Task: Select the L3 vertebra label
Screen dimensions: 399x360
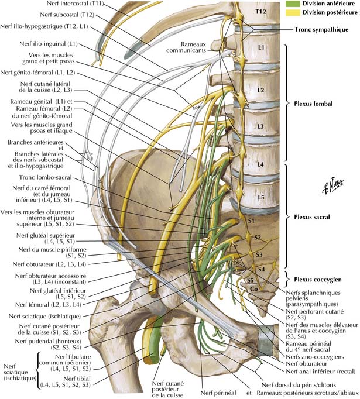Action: click(260, 126)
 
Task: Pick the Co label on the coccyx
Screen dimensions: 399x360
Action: click(254, 289)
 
